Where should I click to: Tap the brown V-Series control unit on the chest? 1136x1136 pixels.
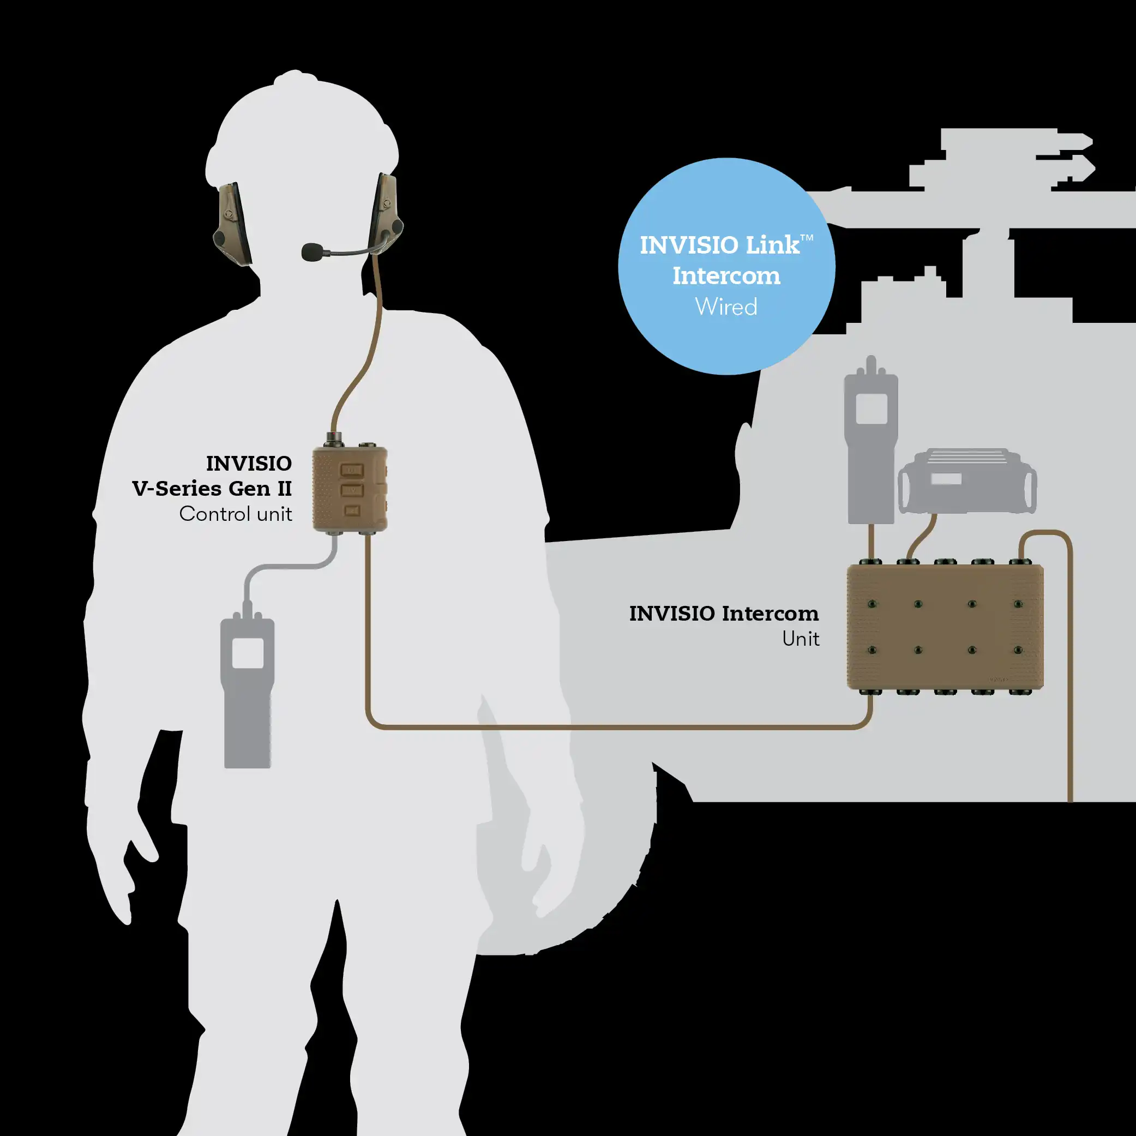[350, 489]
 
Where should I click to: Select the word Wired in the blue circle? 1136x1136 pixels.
[726, 307]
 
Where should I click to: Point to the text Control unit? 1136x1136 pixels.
[235, 514]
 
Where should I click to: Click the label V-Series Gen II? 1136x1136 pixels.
[212, 489]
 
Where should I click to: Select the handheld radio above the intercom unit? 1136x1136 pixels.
[871, 447]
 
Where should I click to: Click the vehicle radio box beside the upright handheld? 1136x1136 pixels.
[967, 482]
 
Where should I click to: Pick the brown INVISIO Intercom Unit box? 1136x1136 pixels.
[945, 627]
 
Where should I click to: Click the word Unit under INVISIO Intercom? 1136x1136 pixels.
[800, 639]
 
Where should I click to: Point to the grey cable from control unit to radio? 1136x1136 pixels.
[283, 567]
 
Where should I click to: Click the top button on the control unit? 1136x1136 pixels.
[352, 471]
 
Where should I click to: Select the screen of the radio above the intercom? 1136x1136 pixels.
[871, 408]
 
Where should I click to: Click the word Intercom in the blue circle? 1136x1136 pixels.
[726, 276]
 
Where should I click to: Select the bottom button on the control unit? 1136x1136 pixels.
[352, 511]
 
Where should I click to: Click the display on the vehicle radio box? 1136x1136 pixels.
[946, 479]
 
